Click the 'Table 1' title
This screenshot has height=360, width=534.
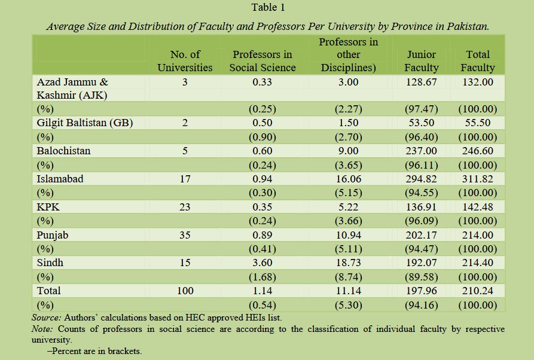(268, 7)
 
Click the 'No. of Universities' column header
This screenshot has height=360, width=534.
(185, 61)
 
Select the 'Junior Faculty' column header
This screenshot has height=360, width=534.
(421, 61)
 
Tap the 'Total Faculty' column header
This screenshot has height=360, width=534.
(477, 61)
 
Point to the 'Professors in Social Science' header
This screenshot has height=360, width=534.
(263, 61)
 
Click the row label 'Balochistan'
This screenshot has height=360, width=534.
(63, 151)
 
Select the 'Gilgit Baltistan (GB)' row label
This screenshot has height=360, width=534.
(85, 123)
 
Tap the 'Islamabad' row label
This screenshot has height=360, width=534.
(60, 179)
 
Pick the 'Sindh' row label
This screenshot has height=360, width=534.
(50, 263)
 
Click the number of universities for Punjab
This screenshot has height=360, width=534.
(185, 235)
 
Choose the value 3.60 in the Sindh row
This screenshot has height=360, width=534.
(263, 263)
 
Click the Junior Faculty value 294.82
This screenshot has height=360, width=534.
(421, 179)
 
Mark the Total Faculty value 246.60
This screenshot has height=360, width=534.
(477, 151)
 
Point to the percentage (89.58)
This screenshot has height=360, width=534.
(421, 277)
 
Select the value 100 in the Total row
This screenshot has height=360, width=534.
(185, 291)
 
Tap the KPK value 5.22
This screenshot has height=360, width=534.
(348, 207)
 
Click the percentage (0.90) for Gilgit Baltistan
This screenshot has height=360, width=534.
(263, 137)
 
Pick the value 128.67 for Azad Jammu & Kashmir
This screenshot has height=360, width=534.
(421, 82)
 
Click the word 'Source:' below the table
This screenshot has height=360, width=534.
(46, 318)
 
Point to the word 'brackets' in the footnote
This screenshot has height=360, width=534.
(124, 351)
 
